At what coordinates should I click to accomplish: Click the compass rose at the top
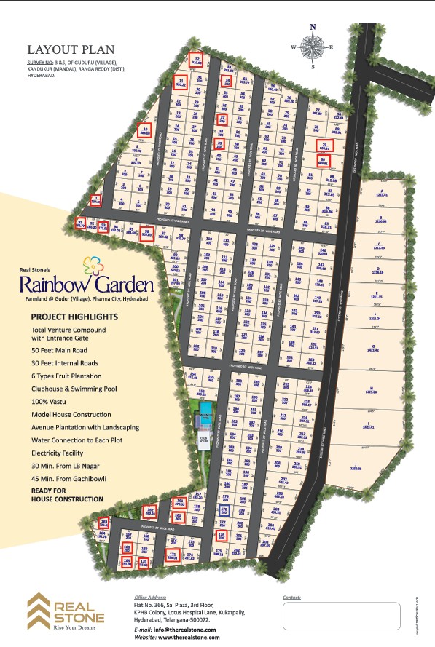click(313, 46)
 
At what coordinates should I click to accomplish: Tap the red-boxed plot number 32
click(196, 60)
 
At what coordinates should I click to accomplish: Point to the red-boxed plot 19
click(144, 132)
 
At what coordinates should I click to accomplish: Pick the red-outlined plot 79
click(324, 146)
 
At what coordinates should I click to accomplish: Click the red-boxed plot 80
click(324, 162)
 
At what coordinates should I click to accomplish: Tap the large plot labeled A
click(382, 194)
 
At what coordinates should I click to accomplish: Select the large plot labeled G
click(373, 349)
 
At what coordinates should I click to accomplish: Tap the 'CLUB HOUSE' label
click(205, 438)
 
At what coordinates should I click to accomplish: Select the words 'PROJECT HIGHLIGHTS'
click(74, 317)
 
